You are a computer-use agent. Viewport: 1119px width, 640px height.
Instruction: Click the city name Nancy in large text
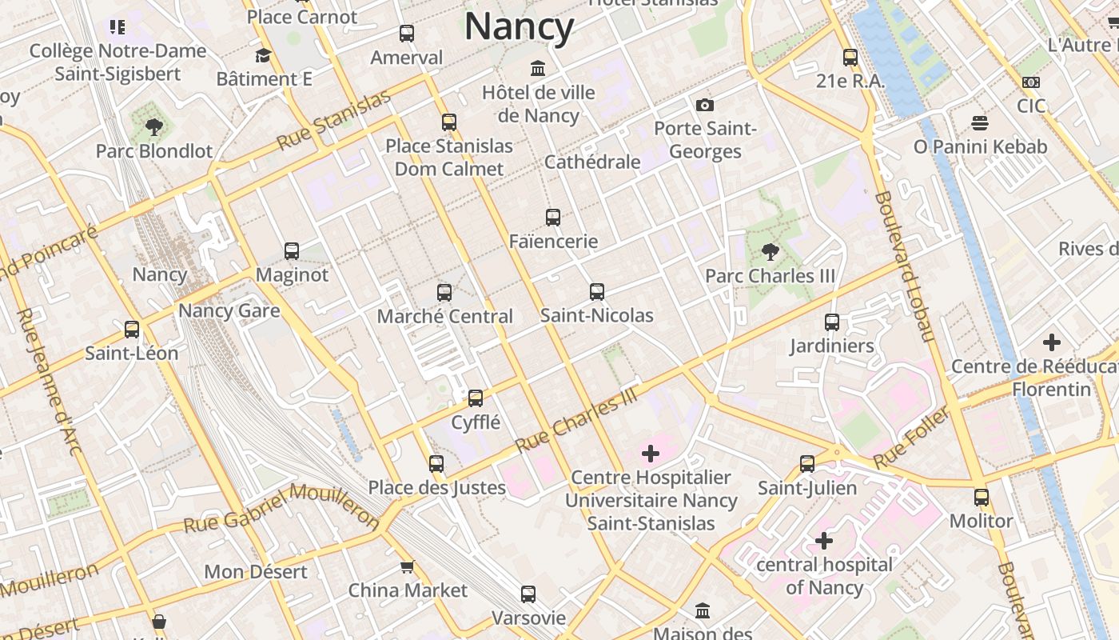tap(519, 26)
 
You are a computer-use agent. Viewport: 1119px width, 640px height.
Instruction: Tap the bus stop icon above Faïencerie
tap(552, 217)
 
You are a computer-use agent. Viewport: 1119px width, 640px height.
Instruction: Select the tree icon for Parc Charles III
tap(770, 252)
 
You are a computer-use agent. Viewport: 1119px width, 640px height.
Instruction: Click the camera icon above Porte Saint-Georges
tap(704, 105)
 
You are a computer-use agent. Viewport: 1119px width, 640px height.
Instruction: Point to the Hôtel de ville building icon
tap(538, 68)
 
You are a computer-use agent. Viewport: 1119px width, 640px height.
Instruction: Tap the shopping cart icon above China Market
tap(407, 566)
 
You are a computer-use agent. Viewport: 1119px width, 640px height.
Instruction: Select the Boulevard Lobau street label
tap(904, 266)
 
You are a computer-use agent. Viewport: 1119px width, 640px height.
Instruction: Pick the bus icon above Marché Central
tap(444, 293)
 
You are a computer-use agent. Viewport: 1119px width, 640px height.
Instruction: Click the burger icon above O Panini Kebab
tap(980, 122)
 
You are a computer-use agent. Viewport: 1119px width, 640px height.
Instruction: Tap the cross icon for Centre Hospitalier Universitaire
tap(651, 454)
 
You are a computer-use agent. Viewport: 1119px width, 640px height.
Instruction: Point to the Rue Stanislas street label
tap(334, 120)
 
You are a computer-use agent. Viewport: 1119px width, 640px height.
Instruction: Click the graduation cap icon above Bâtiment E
tap(263, 55)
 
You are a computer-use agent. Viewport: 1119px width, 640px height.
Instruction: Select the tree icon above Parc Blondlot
tap(153, 127)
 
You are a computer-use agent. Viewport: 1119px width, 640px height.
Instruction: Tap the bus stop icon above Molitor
tap(981, 497)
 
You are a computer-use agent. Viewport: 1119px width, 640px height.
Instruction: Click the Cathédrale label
tap(592, 162)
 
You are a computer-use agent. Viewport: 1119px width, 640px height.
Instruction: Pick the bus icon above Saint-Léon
tap(132, 329)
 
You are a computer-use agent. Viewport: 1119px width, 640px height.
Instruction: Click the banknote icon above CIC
tap(1031, 82)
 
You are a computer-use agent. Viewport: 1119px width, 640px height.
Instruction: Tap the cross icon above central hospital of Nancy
tap(824, 541)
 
